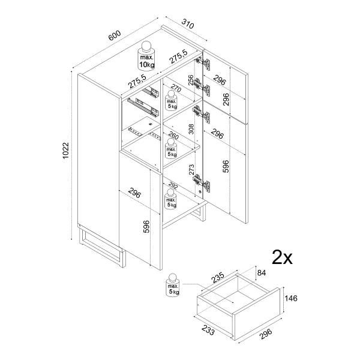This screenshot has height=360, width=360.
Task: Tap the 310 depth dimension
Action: pos(187,25)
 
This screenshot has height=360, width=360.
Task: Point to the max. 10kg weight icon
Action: pos(147,56)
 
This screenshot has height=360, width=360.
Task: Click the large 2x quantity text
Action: pos(282,258)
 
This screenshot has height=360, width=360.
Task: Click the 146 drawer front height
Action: pos(290,298)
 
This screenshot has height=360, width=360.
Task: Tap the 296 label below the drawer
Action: pos(264,333)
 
